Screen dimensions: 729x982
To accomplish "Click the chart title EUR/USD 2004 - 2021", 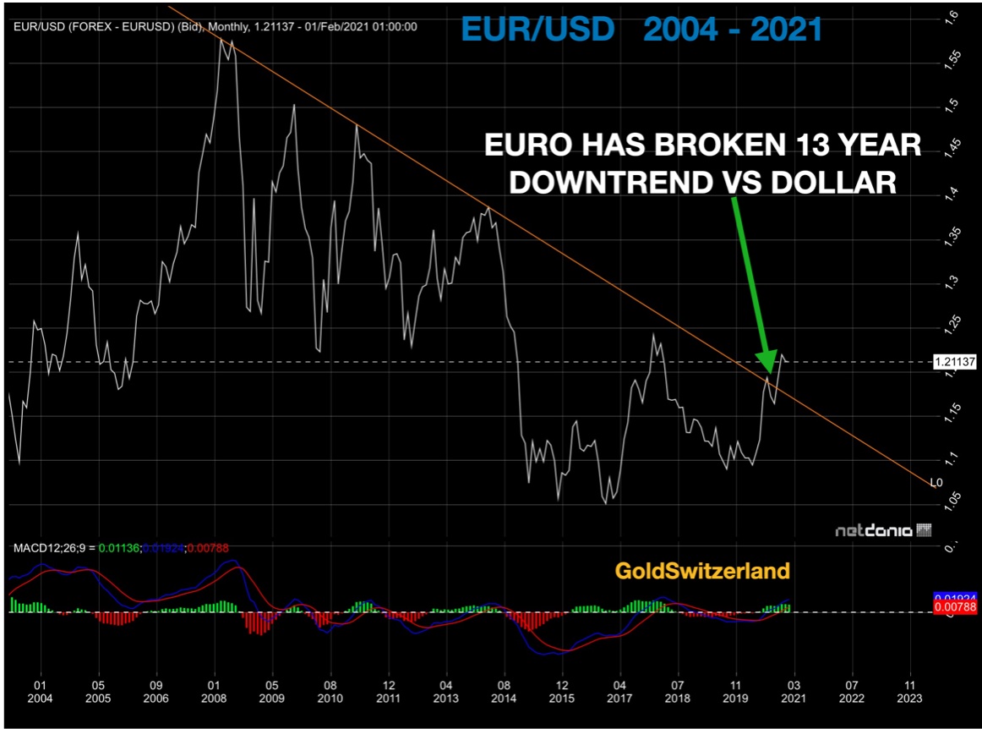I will pyautogui.click(x=641, y=30).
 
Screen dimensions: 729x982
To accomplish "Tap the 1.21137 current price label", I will pyautogui.click(x=955, y=362).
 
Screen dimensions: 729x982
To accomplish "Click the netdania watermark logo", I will pyautogui.click(x=882, y=531).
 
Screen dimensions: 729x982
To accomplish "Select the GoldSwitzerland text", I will pyautogui.click(x=702, y=571).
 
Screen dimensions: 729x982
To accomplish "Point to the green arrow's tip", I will pyautogui.click(x=769, y=372).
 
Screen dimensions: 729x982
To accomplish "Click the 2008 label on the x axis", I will pyautogui.click(x=215, y=699).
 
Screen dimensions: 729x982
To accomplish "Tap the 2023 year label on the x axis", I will pyautogui.click(x=908, y=699).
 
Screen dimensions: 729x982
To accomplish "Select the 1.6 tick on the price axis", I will pyautogui.click(x=951, y=14).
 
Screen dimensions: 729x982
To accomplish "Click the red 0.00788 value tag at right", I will pyautogui.click(x=955, y=607).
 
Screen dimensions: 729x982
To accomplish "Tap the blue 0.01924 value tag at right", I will pyautogui.click(x=955, y=596).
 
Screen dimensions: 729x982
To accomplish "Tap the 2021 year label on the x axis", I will pyautogui.click(x=793, y=699).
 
